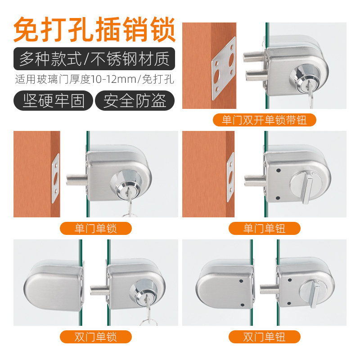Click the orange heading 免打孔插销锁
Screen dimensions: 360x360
pos(94,29)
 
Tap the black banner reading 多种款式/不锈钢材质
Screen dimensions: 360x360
pos(94,58)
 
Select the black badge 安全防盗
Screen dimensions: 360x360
pos(135,100)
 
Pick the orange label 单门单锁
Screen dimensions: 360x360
pos(95,228)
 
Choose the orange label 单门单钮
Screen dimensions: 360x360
pos(264,228)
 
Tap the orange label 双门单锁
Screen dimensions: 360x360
pos(95,337)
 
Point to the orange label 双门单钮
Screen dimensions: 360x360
pos(264,337)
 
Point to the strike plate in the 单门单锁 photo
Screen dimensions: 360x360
pos(56,176)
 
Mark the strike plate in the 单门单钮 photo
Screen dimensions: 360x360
pos(230,176)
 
